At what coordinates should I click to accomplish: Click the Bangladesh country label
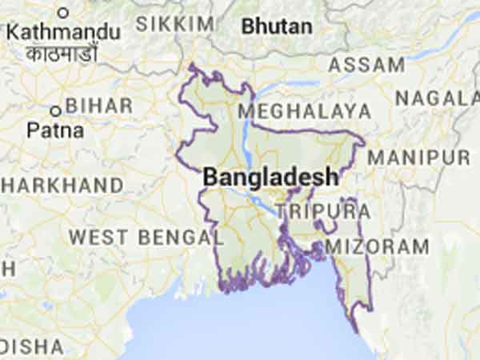click(270, 177)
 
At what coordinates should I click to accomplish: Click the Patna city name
click(54, 130)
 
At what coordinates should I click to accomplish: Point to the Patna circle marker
click(55, 111)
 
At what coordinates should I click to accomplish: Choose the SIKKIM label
click(174, 24)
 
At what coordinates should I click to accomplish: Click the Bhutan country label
click(277, 26)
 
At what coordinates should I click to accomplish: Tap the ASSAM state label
click(366, 65)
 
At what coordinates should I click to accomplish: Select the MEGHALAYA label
click(304, 110)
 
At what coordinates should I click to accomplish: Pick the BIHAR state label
click(99, 106)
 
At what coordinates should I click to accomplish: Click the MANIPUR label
click(418, 156)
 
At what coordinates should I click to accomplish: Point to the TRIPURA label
click(323, 211)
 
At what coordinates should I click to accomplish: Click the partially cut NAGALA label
click(437, 98)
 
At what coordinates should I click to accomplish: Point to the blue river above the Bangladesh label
click(246, 136)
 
